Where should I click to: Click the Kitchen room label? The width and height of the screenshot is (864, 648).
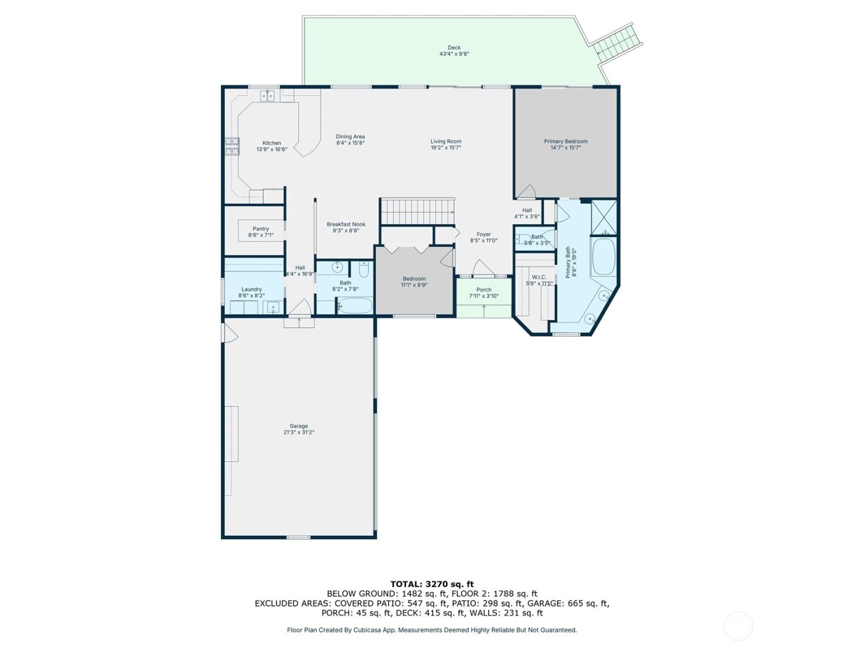(272, 143)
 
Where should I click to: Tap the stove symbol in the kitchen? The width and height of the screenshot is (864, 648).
(231, 146)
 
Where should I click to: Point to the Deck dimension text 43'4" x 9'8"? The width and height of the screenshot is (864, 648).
(454, 54)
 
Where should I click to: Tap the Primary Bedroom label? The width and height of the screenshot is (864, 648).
(565, 141)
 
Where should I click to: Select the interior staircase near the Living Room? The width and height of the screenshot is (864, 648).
(417, 212)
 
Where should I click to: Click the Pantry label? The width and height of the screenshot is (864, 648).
(260, 229)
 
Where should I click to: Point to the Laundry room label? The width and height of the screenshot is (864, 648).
(251, 289)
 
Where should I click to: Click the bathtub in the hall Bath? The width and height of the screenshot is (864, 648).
(355, 305)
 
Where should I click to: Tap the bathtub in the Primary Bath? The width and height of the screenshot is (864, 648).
(604, 257)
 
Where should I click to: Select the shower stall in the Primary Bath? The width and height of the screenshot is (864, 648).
(604, 217)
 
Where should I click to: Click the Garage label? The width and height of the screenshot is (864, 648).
(299, 426)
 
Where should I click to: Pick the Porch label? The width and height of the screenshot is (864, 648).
(484, 290)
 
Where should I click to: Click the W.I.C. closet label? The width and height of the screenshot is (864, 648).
(539, 277)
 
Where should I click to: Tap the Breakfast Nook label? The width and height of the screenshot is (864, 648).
(346, 225)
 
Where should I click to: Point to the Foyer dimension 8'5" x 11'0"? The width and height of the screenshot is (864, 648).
(484, 241)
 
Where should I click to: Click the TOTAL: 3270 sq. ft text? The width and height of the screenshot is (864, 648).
(432, 584)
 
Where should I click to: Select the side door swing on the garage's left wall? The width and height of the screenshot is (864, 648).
(230, 332)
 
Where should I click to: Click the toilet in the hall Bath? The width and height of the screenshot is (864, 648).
(363, 270)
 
